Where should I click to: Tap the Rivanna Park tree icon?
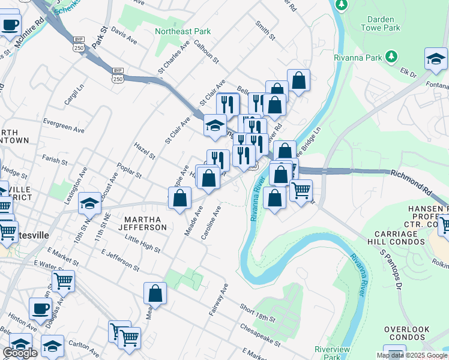(391, 56)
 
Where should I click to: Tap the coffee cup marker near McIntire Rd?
(10, 25)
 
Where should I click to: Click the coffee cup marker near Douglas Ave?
(41, 309)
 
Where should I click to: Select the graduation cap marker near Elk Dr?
(436, 59)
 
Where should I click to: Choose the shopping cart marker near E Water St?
(63, 280)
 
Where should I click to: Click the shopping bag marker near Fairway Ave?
(155, 293)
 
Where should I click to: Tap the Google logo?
(20, 353)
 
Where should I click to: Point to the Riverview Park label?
(332, 353)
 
